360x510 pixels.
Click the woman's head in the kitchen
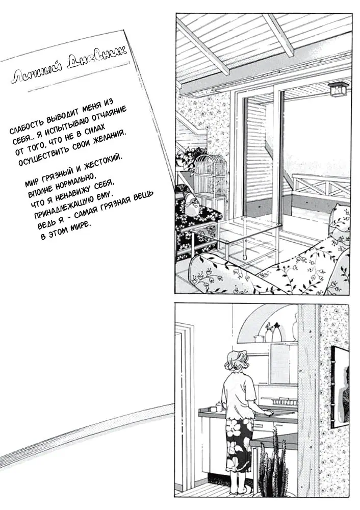[x=239, y=362]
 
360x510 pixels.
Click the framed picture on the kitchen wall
[x=340, y=388]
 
